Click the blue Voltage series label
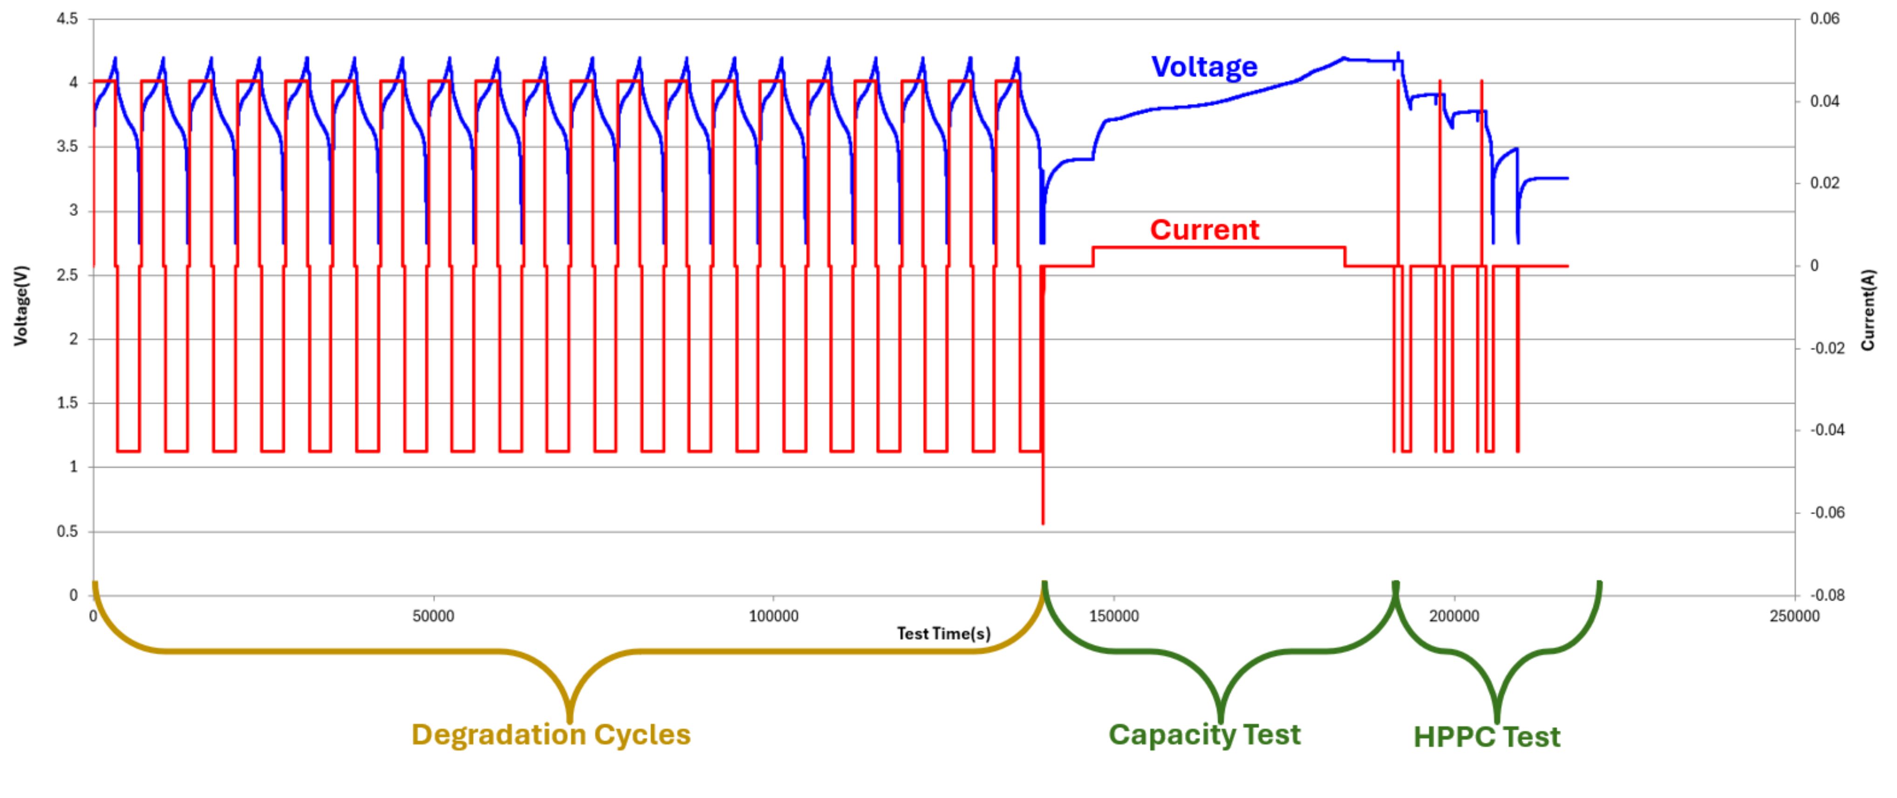pos(1204,67)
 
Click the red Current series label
pos(1204,230)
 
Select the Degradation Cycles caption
pos(551,735)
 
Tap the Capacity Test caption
pos(1204,735)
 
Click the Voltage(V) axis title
pos(20,306)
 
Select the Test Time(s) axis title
pos(943,633)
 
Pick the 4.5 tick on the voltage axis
pos(67,19)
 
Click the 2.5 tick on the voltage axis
pos(67,275)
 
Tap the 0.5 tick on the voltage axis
pos(67,532)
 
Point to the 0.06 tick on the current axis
pos(1825,19)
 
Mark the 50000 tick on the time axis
pos(433,617)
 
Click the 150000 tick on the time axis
pos(1113,617)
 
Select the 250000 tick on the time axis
pos(1794,617)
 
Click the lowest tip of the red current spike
pos(1043,523)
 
